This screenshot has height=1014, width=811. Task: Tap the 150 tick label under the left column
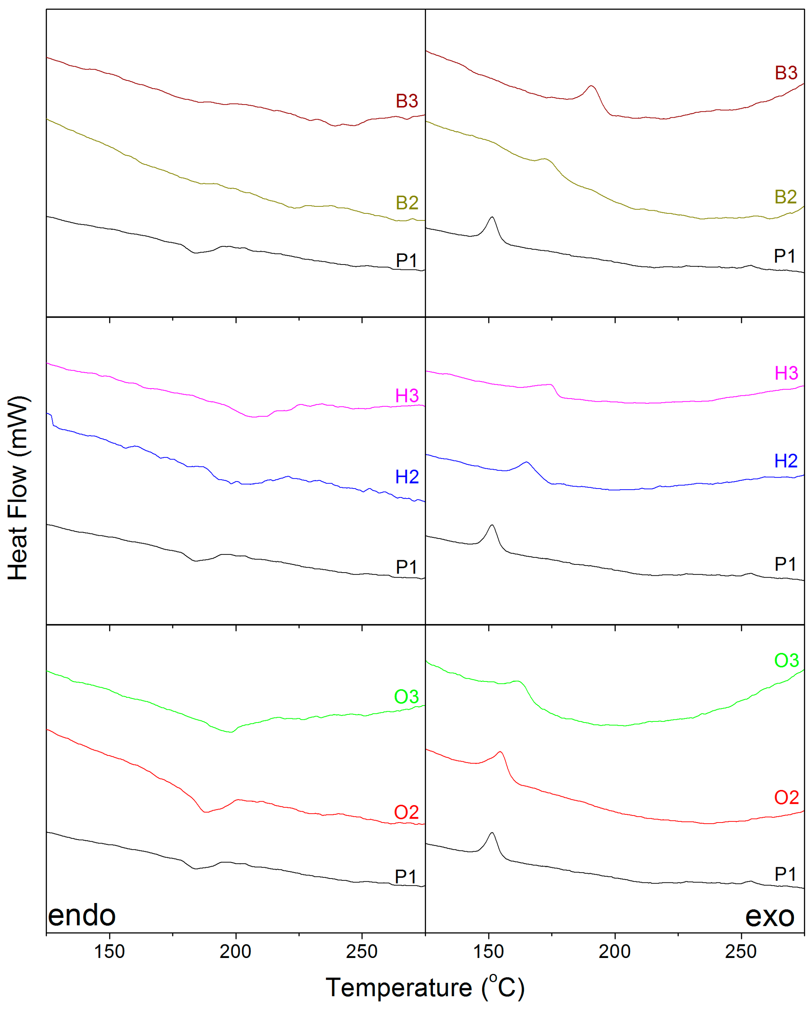pyautogui.click(x=109, y=952)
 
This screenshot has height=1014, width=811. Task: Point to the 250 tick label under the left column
pyautogui.click(x=361, y=952)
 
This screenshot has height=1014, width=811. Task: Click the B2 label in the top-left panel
pyautogui.click(x=407, y=203)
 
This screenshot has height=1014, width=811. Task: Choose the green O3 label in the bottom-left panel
pyautogui.click(x=406, y=697)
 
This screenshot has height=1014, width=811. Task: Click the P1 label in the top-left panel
pyautogui.click(x=407, y=261)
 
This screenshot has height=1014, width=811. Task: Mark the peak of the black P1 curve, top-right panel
pyautogui.click(x=492, y=217)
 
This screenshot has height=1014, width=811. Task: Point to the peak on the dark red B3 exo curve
pyautogui.click(x=591, y=86)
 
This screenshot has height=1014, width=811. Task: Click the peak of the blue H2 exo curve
pyautogui.click(x=526, y=462)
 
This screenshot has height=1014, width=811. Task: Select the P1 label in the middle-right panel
pyautogui.click(x=785, y=564)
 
